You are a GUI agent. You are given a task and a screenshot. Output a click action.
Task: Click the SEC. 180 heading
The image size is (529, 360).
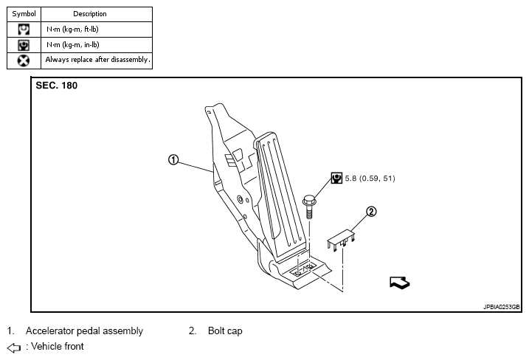(x=57, y=86)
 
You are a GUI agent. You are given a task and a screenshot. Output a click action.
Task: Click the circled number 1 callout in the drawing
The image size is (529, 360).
(x=173, y=159)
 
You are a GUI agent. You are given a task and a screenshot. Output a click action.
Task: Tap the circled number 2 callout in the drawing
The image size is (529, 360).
(x=371, y=212)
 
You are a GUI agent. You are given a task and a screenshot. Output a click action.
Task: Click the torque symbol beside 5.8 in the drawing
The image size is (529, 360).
(x=336, y=178)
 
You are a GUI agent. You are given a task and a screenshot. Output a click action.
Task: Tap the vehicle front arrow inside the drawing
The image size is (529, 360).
(x=399, y=282)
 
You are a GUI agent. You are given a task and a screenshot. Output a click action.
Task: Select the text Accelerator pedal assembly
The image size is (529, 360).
(x=84, y=331)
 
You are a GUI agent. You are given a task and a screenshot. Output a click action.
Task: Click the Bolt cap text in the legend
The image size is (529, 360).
(x=225, y=331)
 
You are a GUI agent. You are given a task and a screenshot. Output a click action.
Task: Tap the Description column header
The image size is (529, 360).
(x=90, y=14)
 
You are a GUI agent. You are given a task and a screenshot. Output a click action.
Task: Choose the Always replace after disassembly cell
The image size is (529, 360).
(x=97, y=60)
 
